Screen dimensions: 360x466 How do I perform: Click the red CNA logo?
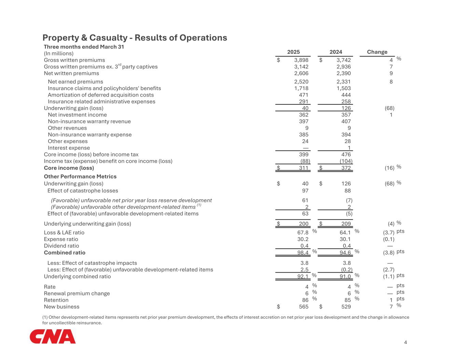tap(53, 336)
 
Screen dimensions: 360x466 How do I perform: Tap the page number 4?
tap(405, 343)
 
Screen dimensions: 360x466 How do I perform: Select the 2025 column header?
tap(293, 52)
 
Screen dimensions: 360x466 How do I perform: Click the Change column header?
tap(377, 52)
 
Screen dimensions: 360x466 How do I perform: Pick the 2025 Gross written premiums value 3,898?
tap(301, 60)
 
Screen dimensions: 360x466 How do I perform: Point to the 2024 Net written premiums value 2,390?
tap(343, 73)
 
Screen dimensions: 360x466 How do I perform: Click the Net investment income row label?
tap(77, 115)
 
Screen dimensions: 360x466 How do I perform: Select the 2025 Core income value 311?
tap(303, 168)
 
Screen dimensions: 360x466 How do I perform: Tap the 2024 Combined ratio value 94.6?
tap(344, 253)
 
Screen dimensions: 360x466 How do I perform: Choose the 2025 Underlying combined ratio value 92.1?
tap(303, 276)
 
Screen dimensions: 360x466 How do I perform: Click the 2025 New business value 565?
tap(303, 307)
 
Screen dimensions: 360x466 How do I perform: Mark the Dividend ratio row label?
tap(61, 246)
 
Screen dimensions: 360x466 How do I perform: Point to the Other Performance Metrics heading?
tap(80, 176)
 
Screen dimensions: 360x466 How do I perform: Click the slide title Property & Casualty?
tap(135, 38)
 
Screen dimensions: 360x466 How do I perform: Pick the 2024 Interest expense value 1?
tap(349, 148)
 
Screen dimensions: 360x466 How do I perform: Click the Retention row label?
tap(56, 300)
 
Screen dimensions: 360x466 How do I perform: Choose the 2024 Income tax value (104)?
tap(346, 161)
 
